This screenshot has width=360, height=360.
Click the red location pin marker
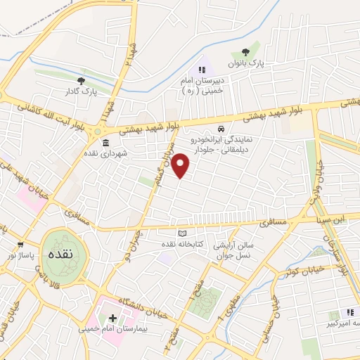(x=181, y=165)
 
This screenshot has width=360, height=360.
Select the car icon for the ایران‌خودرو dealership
(x=221, y=129)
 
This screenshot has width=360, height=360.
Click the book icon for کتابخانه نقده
(x=183, y=233)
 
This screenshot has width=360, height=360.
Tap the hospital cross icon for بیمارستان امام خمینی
(x=112, y=319)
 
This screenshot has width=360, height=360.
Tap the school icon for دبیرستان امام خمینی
(x=202, y=70)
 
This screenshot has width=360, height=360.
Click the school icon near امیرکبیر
(x=349, y=313)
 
